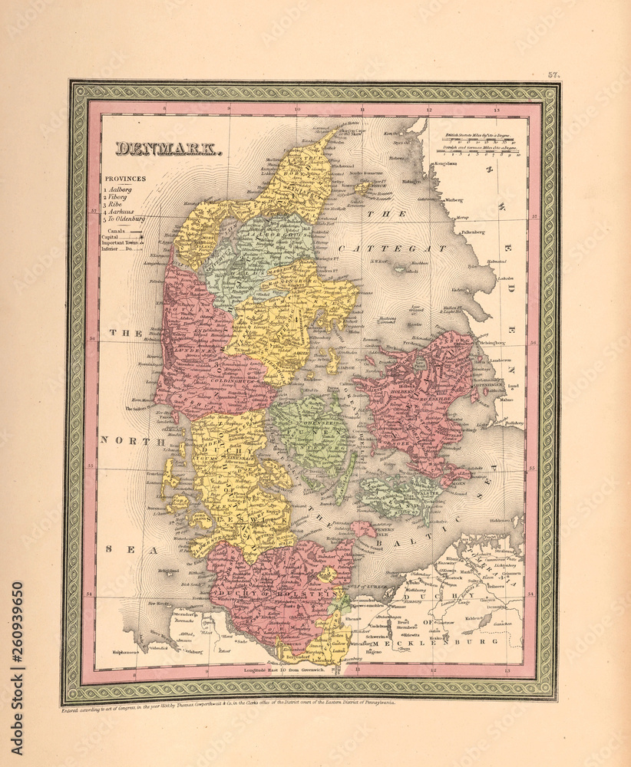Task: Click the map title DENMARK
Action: point(170,150)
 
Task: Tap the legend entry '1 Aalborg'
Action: point(119,189)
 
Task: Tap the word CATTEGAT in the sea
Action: point(391,249)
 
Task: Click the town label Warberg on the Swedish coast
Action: point(454,201)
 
